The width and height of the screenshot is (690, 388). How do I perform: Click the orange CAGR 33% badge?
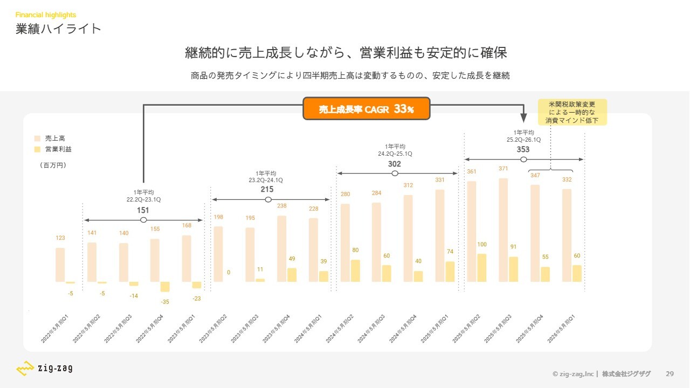[x=366, y=109]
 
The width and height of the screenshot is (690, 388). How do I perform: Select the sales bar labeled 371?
[x=503, y=230]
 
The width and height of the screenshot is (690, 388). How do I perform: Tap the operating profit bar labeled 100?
[x=481, y=268]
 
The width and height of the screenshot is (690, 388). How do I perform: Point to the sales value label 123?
[x=60, y=238]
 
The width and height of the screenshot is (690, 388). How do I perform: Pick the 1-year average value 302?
[x=395, y=164]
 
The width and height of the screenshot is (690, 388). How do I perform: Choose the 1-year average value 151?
[x=143, y=210]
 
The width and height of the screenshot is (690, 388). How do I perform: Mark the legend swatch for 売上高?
[x=37, y=138]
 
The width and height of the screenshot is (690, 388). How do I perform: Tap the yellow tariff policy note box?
[x=572, y=112]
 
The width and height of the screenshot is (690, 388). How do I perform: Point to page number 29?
[x=670, y=374]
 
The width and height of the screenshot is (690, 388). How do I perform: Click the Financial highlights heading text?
[x=46, y=15]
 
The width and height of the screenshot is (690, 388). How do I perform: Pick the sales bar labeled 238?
[x=281, y=249]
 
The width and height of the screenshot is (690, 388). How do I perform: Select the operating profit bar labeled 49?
[x=292, y=275]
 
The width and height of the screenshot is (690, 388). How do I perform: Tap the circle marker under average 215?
[x=268, y=199]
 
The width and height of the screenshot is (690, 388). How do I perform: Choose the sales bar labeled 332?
[x=567, y=235]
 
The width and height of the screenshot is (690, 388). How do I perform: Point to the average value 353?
[x=523, y=149]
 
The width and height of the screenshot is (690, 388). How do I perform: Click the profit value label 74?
[x=451, y=252]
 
